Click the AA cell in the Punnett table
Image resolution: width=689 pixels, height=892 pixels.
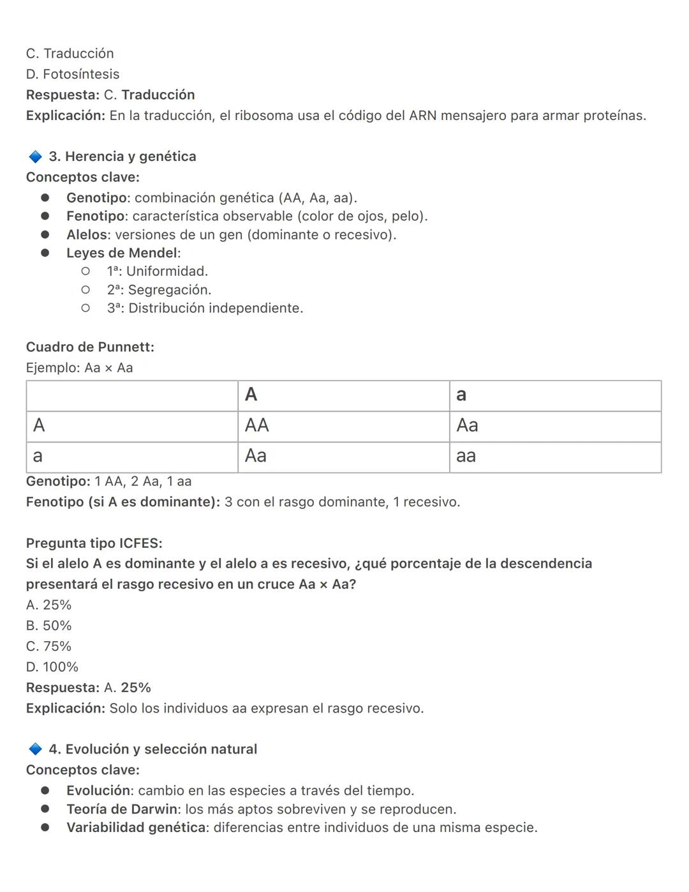257,425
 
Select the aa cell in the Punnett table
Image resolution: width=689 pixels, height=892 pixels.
466,456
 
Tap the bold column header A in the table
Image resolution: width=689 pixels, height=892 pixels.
251,395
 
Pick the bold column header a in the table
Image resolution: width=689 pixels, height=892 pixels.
461,395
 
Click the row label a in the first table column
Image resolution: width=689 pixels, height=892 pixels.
38,456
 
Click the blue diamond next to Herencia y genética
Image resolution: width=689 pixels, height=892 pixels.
35,156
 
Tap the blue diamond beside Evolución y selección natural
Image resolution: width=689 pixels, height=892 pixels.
35,749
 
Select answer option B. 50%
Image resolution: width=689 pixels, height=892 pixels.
48,626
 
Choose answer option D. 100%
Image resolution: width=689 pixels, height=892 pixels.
52,667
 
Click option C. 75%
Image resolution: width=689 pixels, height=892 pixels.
48,646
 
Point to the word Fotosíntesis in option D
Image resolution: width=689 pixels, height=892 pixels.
81,74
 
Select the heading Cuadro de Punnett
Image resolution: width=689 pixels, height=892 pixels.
90,347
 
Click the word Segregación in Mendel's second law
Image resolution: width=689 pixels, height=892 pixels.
169,290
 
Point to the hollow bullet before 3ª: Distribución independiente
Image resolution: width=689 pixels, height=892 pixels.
85,308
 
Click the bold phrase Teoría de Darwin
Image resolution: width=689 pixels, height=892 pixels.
122,810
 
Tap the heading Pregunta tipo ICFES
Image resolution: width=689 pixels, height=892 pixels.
94,543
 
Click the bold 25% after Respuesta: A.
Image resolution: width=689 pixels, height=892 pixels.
135,688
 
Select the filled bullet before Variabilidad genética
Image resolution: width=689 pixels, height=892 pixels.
45,828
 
